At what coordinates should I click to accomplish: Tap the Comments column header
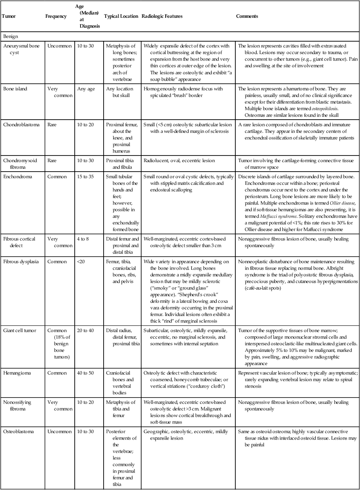(247, 16)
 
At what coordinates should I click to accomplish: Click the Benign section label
(11, 36)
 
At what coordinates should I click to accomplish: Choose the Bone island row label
(16, 89)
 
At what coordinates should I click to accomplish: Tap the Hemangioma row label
(18, 372)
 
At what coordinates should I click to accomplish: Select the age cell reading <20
(82, 261)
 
